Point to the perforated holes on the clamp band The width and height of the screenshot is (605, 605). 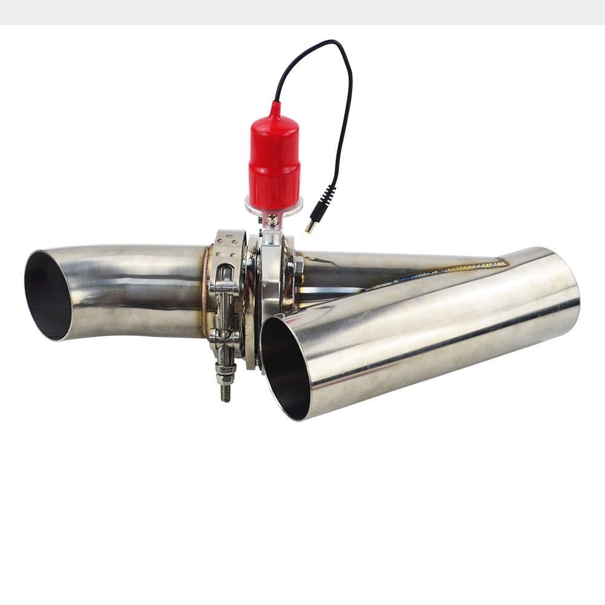click(x=229, y=240)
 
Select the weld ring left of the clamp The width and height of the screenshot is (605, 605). click(x=206, y=290)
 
